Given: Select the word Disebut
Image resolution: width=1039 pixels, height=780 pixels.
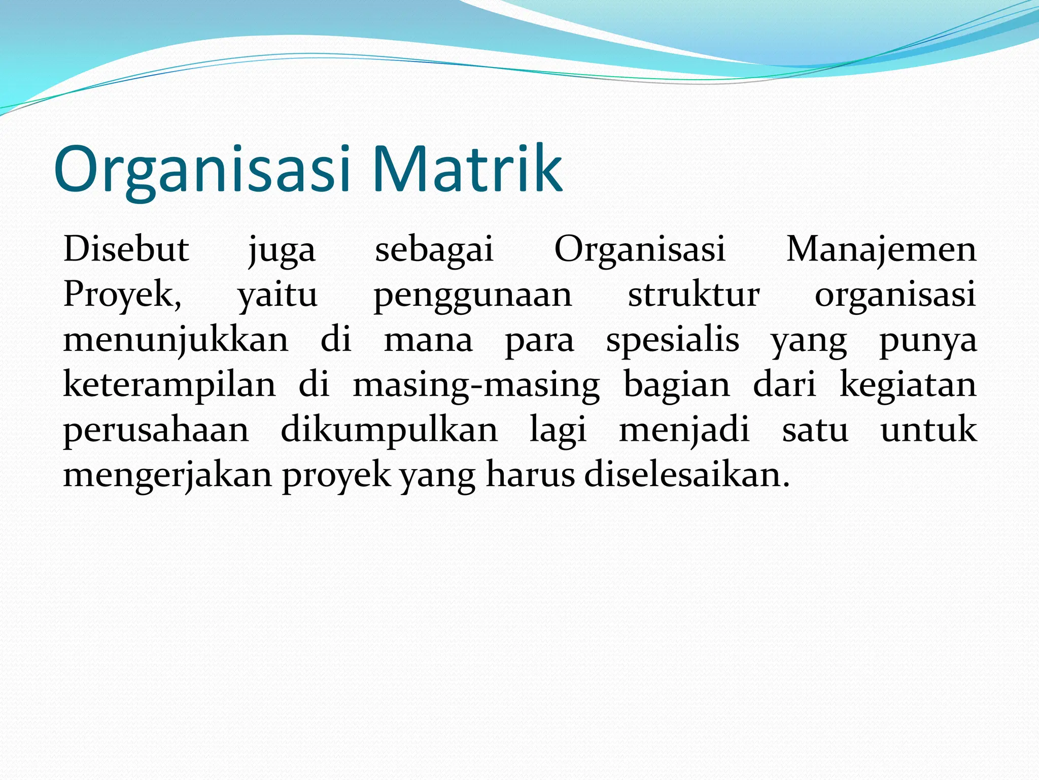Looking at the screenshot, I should pyautogui.click(x=126, y=249).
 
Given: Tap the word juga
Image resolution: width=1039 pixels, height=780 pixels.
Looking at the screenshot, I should pyautogui.click(x=282, y=250).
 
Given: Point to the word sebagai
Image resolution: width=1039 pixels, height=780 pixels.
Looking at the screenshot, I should pyautogui.click(x=434, y=250).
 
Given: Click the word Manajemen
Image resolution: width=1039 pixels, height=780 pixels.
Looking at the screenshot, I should pyautogui.click(x=881, y=249).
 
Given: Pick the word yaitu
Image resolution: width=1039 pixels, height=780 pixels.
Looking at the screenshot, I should pyautogui.click(x=278, y=295).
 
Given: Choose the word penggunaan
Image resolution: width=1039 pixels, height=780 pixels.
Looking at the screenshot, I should pyautogui.click(x=473, y=296).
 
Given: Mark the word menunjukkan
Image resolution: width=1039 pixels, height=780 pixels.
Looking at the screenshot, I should pyautogui.click(x=176, y=340).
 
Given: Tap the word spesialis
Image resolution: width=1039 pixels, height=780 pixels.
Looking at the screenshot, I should pyautogui.click(x=673, y=340).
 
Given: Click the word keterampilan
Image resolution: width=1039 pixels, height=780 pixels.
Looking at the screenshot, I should pyautogui.click(x=169, y=384).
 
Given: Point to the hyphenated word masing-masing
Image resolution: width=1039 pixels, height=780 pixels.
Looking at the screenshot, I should pyautogui.click(x=476, y=385).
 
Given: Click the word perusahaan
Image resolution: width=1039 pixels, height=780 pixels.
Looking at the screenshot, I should pyautogui.click(x=156, y=431).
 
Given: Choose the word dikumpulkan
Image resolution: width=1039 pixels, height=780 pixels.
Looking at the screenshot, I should pyautogui.click(x=389, y=430).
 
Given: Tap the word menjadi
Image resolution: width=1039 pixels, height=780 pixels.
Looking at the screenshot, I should pyautogui.click(x=684, y=430).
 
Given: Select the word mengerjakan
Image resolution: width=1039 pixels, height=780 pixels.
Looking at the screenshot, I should pyautogui.click(x=168, y=475).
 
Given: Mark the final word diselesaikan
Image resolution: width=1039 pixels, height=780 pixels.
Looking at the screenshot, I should pyautogui.click(x=687, y=475).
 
